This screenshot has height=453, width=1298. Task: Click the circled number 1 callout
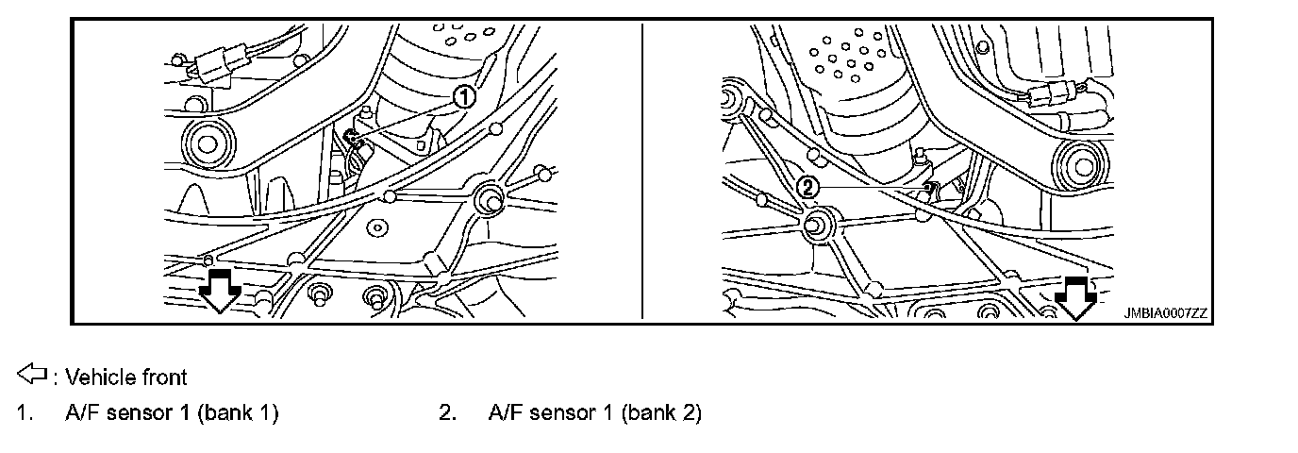463,95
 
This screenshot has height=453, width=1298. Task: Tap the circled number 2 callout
807,186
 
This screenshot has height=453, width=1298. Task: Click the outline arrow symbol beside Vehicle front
32,376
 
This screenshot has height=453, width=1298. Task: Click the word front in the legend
164,377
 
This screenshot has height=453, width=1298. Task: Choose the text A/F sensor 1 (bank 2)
595,412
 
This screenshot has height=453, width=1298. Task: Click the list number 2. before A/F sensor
448,412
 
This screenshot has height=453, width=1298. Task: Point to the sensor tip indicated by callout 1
353,139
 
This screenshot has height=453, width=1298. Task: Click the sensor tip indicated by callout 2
930,188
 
